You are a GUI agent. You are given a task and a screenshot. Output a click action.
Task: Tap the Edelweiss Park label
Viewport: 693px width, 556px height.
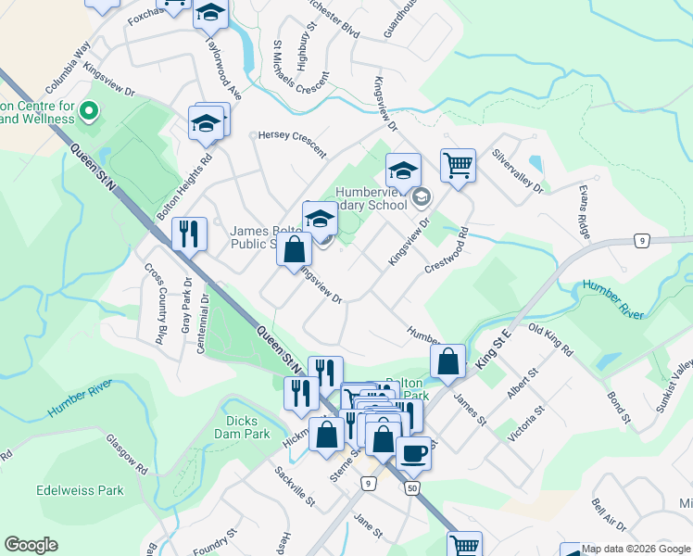tap(80, 490)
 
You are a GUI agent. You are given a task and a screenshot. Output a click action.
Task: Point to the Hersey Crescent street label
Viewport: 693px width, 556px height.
tap(292, 142)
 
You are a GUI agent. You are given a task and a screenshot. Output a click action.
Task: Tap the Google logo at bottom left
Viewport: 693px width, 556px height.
tap(31, 545)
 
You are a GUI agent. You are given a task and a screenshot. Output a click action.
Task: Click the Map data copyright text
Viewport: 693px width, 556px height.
tap(636, 549)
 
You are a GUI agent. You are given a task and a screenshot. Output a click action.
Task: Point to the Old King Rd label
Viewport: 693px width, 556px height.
tap(550, 340)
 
